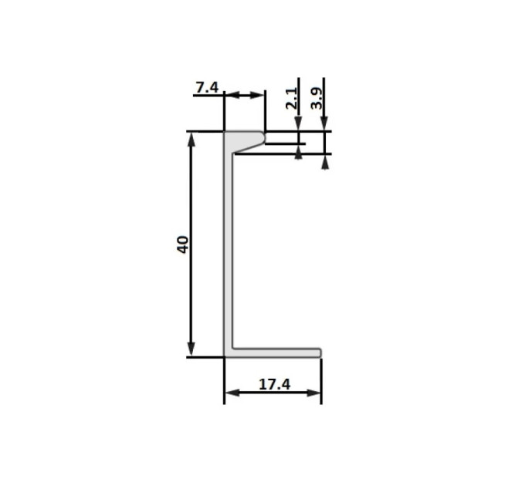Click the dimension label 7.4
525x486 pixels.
tap(207, 88)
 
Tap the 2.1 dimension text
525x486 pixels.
tap(292, 98)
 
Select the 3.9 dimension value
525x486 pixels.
tap(317, 98)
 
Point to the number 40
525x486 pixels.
tap(183, 245)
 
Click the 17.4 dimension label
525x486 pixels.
tap(275, 384)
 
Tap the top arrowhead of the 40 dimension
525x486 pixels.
tap(191, 140)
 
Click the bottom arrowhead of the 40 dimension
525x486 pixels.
tap(191, 349)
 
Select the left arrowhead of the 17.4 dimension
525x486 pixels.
tap(232, 393)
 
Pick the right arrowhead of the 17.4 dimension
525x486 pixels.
tap(313, 393)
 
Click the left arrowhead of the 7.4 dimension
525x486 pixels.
tap(232, 96)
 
